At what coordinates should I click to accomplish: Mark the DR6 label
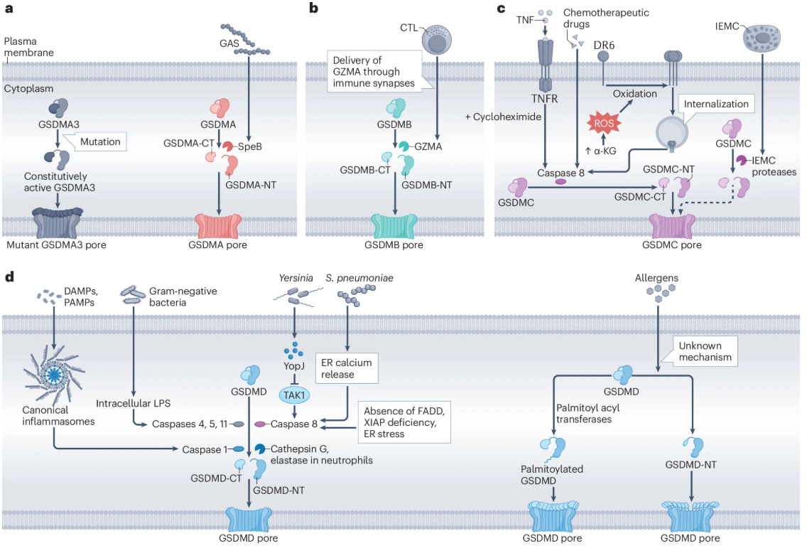603,46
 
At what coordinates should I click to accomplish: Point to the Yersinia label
295,278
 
